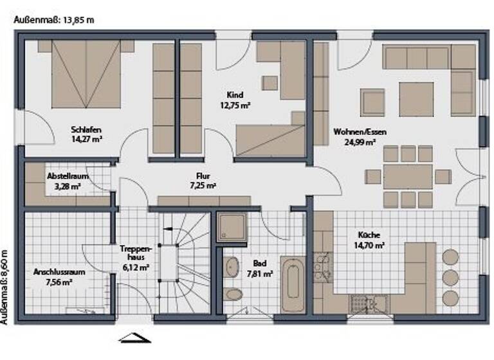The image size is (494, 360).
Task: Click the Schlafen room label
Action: coord(87,129)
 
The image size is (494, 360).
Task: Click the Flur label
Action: coord(203,175)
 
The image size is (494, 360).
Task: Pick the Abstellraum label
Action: coord(68,175)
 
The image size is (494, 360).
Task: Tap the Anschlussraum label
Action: coord(59,271)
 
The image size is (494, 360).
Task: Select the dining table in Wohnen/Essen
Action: coord(407,176)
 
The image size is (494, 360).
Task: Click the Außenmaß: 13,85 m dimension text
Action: coord(54,19)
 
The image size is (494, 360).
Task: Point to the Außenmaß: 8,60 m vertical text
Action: coord(5,287)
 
